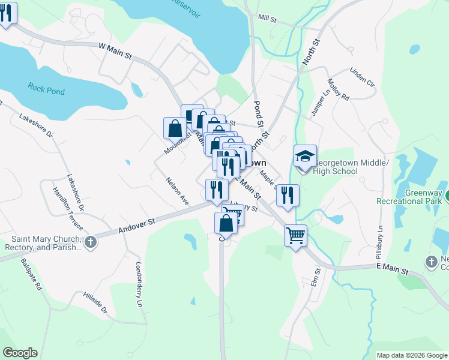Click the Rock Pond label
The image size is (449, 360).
(46, 89)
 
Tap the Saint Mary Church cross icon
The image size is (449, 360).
(90, 242)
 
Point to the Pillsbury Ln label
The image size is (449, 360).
(379, 229)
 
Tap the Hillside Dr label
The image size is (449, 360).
(95, 304)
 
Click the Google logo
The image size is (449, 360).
(20, 353)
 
